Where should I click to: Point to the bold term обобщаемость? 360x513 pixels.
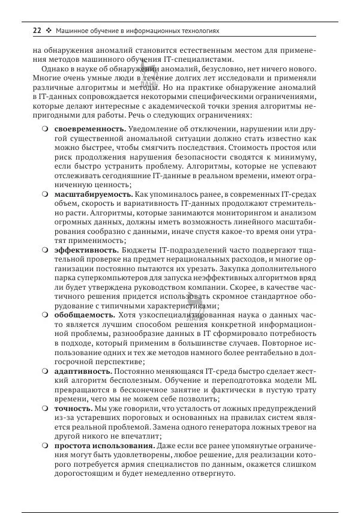tap(84, 314)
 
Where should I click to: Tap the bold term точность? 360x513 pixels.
tap(74, 408)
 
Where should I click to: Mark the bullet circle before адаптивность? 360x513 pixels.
tap(46, 371)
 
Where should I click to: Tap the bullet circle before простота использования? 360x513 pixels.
tap(46, 446)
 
